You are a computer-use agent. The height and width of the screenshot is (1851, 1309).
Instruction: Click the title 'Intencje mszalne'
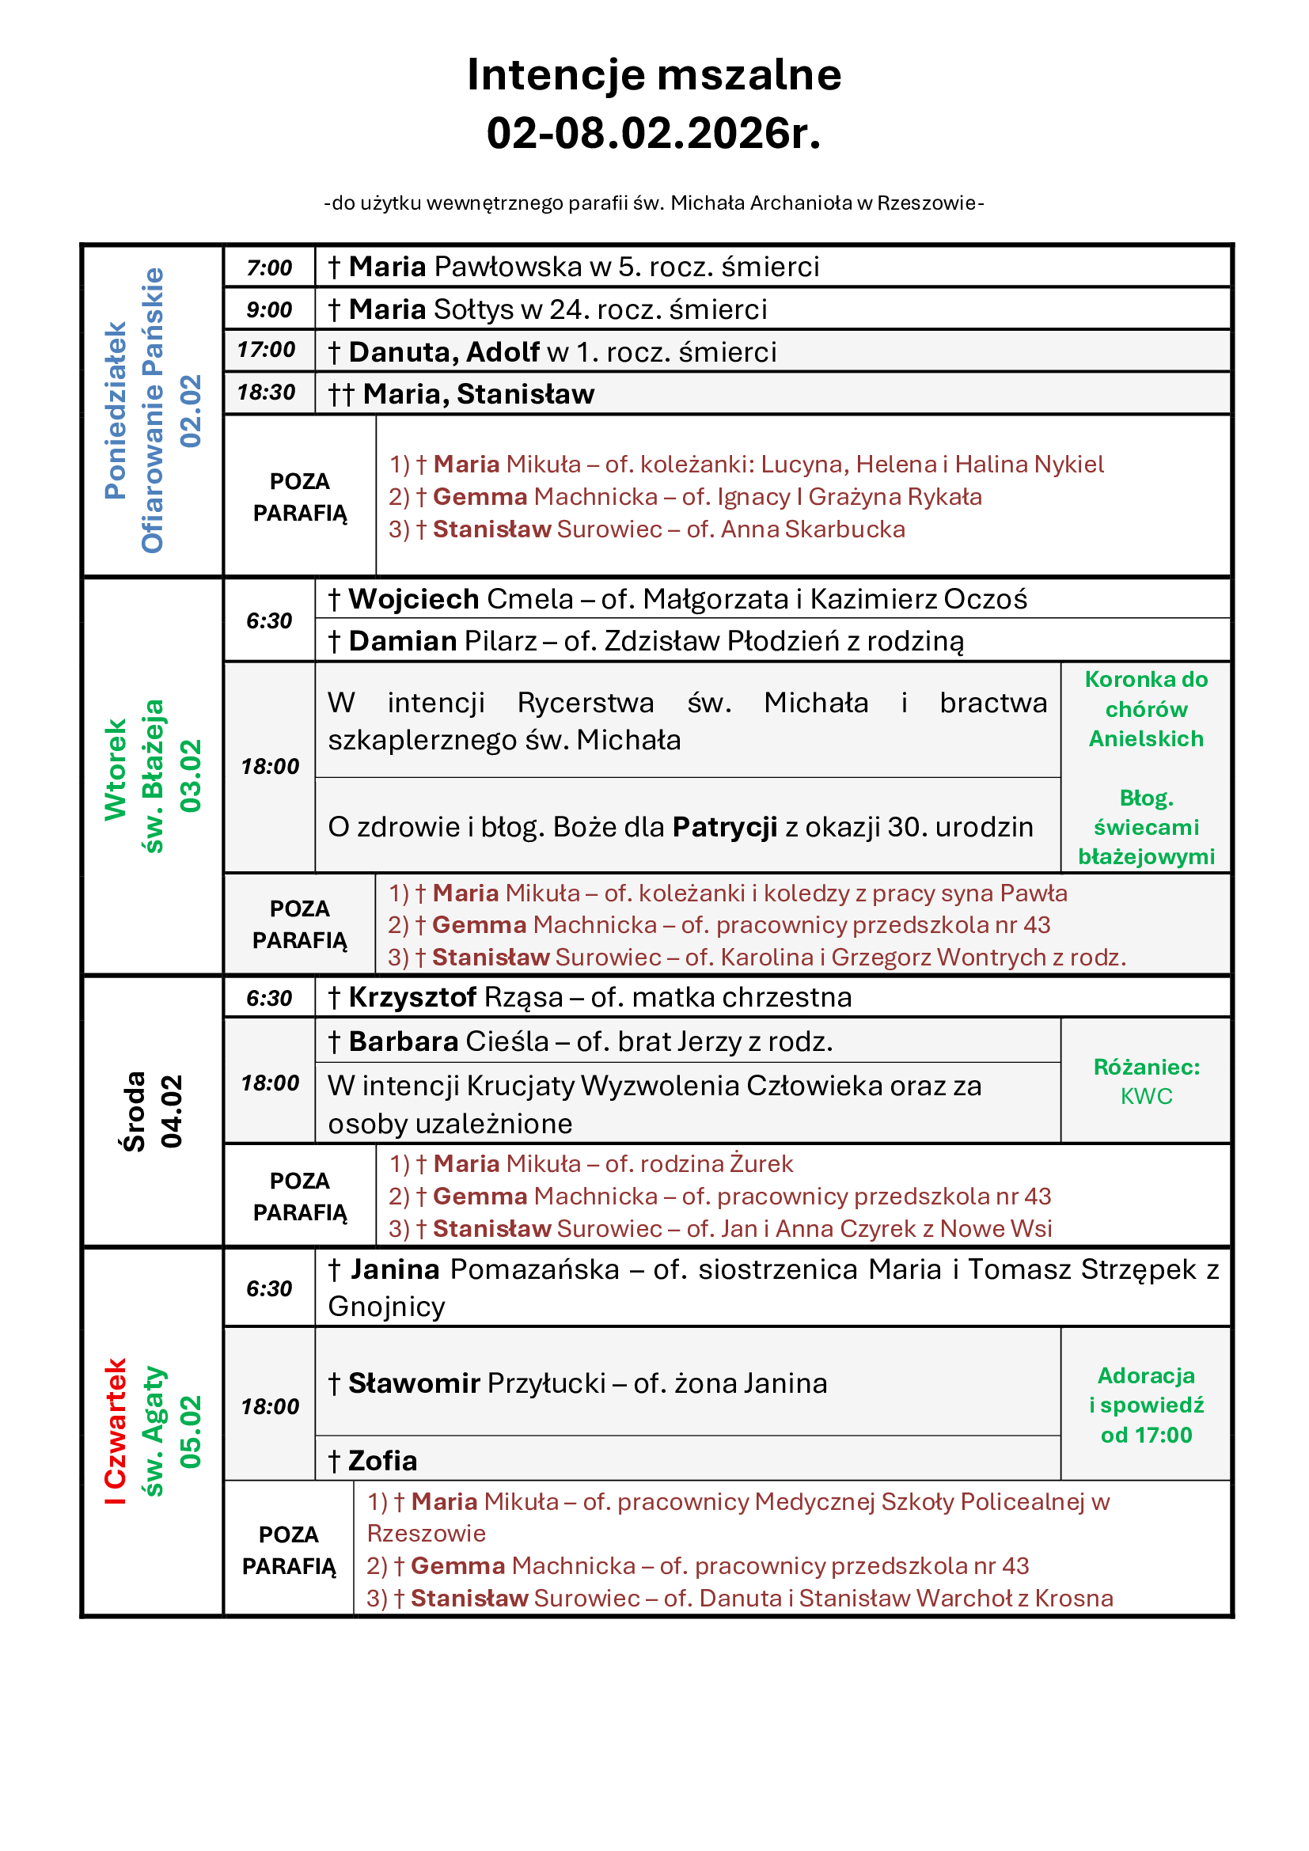point(654,75)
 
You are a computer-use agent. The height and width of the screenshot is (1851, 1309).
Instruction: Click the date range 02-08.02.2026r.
point(654,134)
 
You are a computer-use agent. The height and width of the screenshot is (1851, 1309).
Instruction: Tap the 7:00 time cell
point(269,267)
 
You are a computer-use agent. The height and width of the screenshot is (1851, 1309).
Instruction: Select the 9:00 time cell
point(269,309)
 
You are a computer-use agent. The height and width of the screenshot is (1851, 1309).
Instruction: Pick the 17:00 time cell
point(266,350)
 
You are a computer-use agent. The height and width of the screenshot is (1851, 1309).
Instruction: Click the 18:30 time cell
point(266,393)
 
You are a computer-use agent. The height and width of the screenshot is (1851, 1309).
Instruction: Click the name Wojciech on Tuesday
point(413,599)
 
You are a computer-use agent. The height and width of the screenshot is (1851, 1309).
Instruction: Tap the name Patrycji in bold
point(725,827)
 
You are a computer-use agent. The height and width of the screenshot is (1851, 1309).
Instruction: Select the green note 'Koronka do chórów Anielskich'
point(1145,709)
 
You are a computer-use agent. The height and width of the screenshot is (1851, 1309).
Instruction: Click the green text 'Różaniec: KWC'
point(1145,1081)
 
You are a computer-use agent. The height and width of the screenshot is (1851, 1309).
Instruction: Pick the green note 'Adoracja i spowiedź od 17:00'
point(1145,1405)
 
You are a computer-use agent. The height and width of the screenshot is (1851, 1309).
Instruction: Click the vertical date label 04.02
point(172,1111)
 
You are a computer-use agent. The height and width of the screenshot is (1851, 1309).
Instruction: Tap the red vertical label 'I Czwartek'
point(116,1431)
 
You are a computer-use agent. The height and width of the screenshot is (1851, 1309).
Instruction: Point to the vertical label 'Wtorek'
point(116,770)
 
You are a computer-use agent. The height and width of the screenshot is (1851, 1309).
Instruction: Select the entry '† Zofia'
point(373,1461)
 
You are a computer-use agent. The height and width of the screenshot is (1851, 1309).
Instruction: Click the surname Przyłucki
point(546,1383)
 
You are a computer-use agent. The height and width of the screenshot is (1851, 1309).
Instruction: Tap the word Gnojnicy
point(386,1307)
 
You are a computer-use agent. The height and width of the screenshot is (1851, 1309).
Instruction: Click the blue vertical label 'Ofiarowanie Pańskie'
point(152,411)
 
